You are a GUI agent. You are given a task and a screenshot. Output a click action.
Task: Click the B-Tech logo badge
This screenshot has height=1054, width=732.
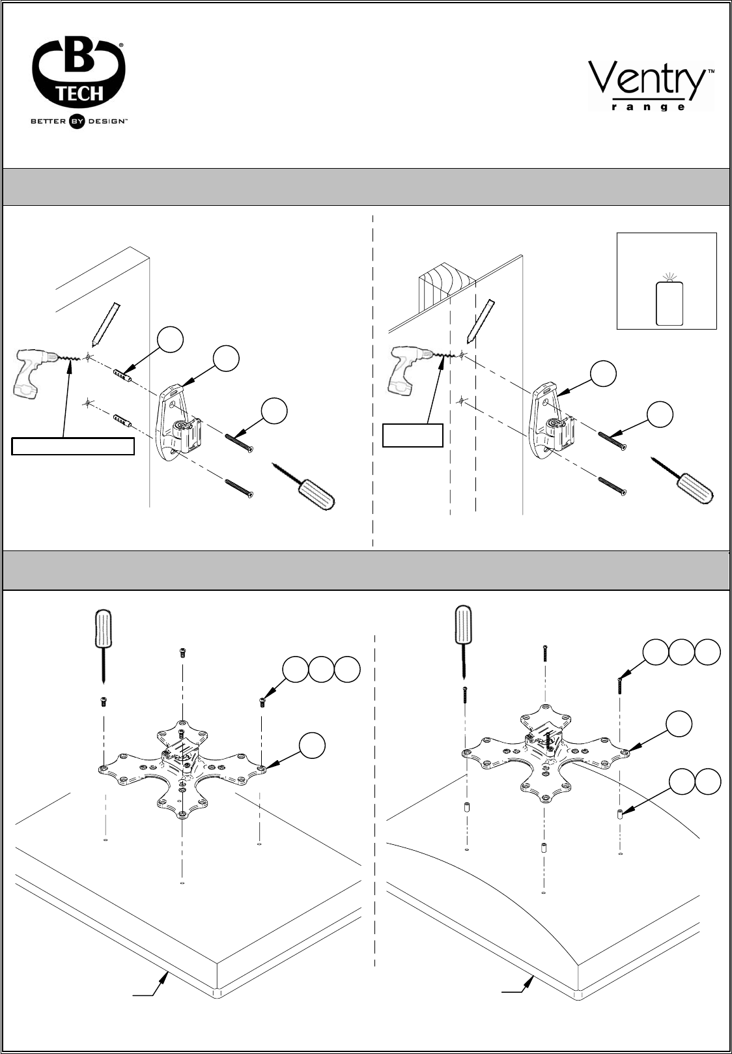[78, 75]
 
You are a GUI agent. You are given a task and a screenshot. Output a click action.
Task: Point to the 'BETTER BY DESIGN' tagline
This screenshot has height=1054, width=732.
[79, 121]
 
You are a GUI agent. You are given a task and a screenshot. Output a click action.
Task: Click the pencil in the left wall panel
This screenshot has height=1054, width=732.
[106, 323]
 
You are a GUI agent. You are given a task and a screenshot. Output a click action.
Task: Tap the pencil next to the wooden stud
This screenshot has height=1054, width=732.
[481, 320]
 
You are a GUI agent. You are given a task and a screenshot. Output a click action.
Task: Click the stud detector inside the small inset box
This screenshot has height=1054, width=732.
[668, 301]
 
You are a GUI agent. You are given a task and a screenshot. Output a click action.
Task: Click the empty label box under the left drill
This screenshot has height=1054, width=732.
[73, 446]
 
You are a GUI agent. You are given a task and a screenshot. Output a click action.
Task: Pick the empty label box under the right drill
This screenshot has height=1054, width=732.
[412, 435]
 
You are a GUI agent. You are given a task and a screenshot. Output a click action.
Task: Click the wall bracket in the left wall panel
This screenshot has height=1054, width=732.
[177, 423]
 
